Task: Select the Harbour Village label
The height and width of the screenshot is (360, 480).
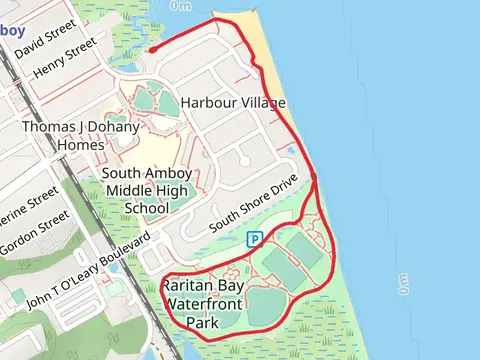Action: point(233,103)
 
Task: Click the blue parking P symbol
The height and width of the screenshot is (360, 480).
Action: point(254,239)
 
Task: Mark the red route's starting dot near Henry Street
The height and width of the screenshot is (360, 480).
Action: point(151,49)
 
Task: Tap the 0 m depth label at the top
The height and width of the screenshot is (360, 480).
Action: point(181,5)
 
